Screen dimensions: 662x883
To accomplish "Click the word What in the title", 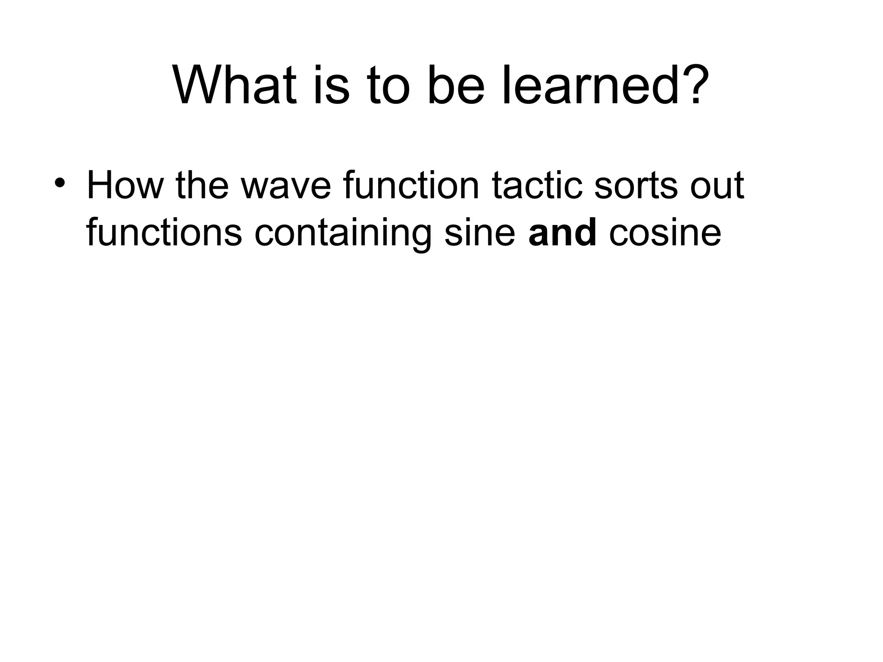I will pyautogui.click(x=235, y=85).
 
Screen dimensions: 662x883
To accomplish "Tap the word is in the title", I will pyautogui.click(x=331, y=85).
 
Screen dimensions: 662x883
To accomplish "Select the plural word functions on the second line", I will pyautogui.click(x=164, y=233).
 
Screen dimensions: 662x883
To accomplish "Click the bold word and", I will pyautogui.click(x=562, y=233).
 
